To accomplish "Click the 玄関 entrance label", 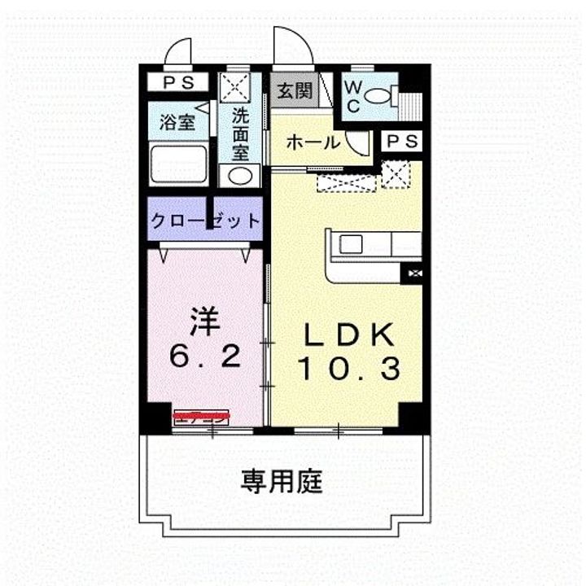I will [x=292, y=90].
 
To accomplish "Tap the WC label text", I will [x=353, y=96].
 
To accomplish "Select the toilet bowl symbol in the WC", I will [x=378, y=96].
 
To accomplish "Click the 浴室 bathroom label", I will [x=177, y=123].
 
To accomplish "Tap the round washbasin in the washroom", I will [x=240, y=175].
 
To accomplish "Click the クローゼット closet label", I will [x=205, y=220].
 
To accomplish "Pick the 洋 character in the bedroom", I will [x=205, y=321].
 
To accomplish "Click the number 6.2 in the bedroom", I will [x=205, y=356].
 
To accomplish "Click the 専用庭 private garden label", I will [x=282, y=482].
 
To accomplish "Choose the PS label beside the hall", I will [x=401, y=142].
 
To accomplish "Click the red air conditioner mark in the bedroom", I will [x=201, y=417].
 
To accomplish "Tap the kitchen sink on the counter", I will [x=355, y=245].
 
